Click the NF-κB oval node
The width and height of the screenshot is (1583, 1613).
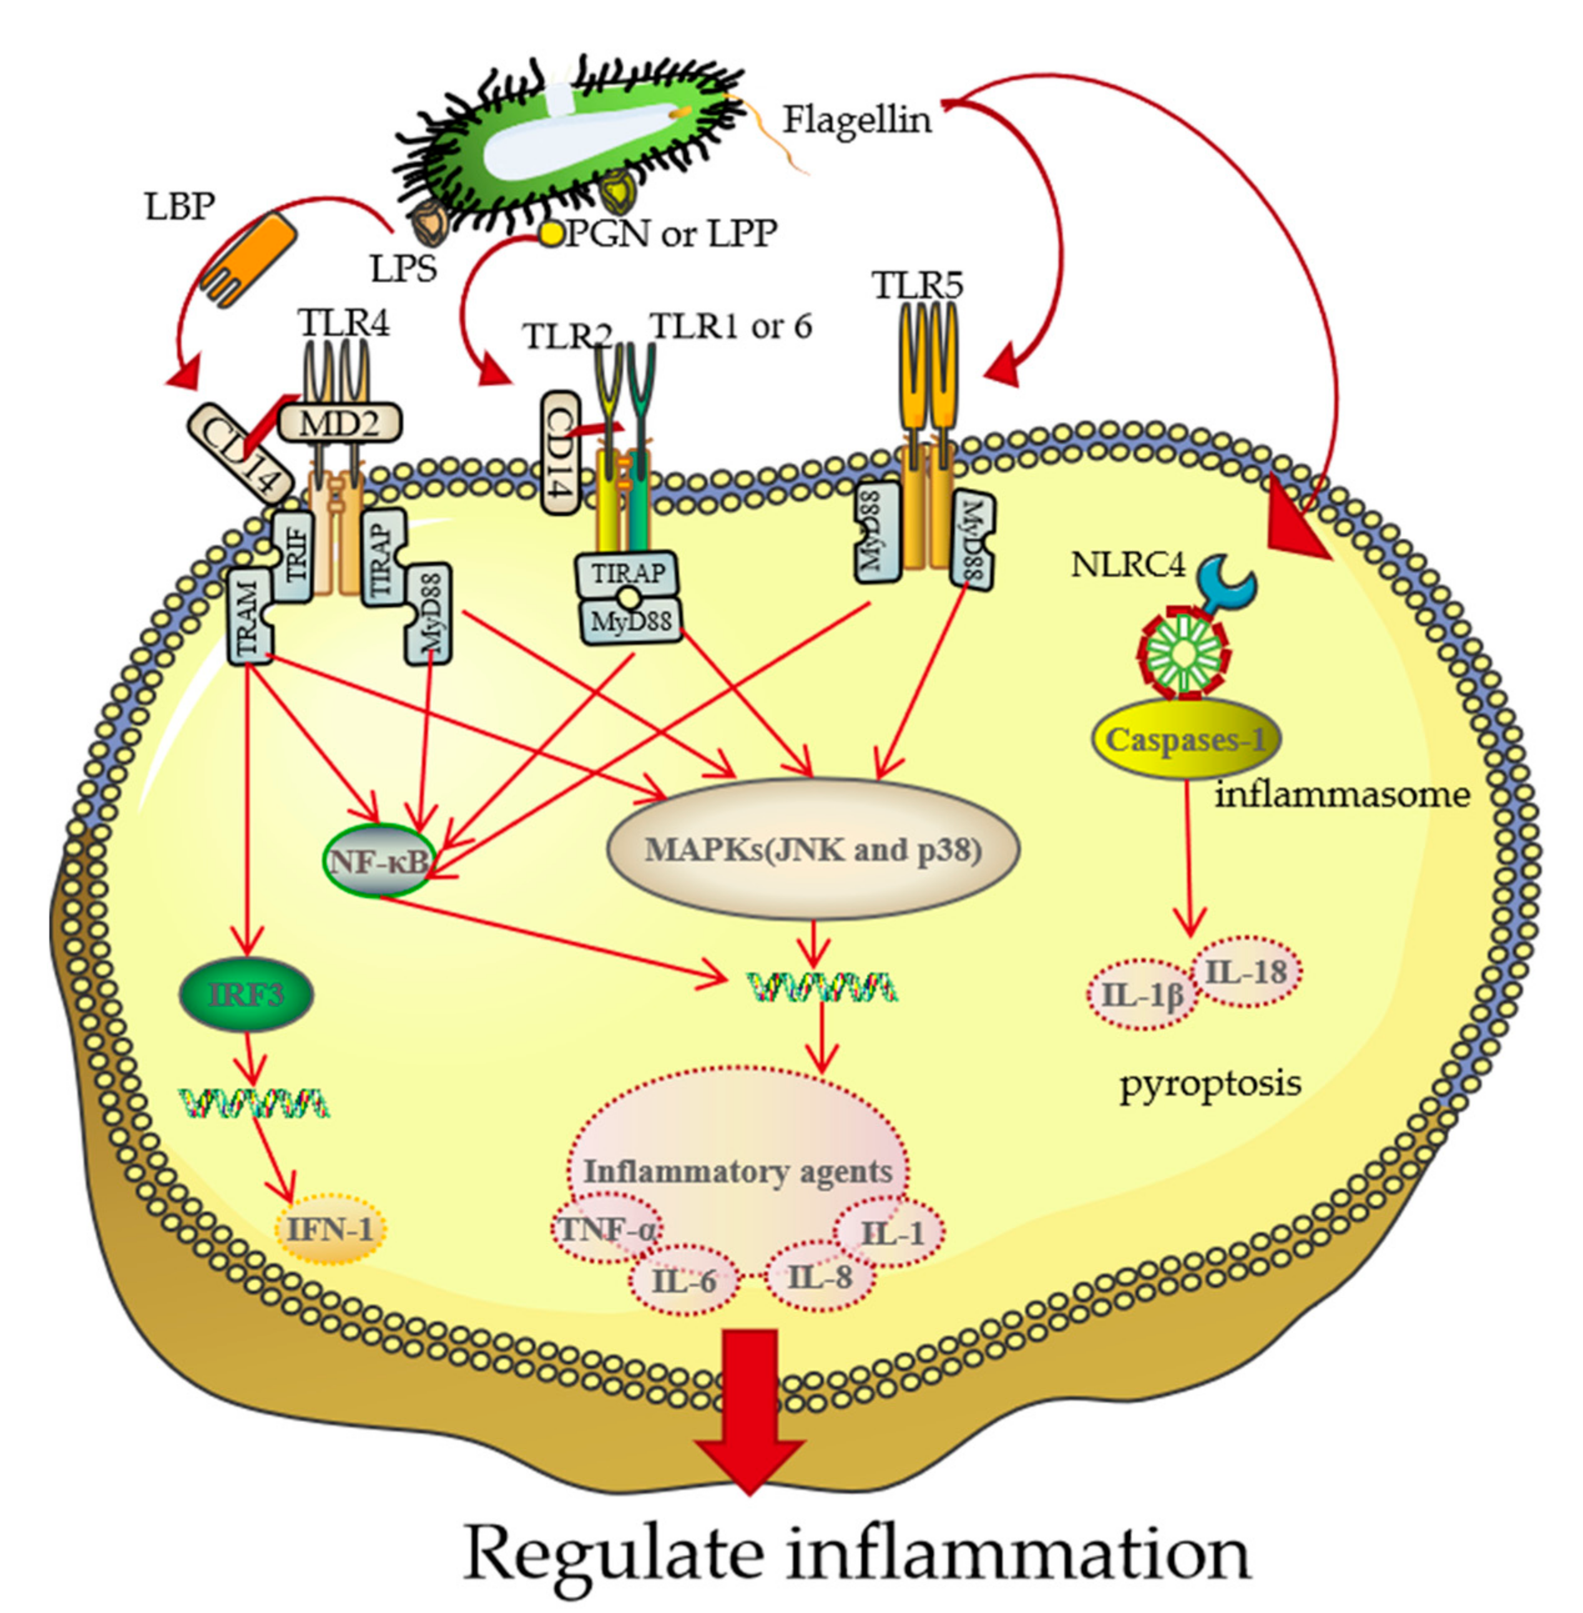tap(376, 861)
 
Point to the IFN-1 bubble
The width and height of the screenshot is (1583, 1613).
tap(330, 1229)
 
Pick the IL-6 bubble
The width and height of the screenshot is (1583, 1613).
tap(684, 1280)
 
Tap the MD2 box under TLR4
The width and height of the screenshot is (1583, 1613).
tap(338, 423)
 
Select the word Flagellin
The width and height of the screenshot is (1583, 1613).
tap(856, 120)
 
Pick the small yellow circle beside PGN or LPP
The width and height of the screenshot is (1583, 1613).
tap(551, 235)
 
